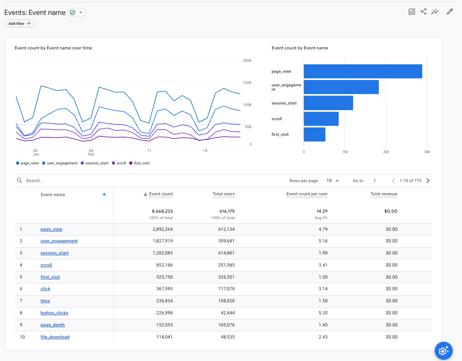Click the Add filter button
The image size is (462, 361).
click(x=20, y=24)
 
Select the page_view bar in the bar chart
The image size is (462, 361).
click(x=362, y=72)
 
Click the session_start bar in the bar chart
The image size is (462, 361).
click(x=328, y=103)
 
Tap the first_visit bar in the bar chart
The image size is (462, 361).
click(x=314, y=134)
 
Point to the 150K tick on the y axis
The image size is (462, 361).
click(x=247, y=83)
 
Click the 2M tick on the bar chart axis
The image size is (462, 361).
click(x=385, y=152)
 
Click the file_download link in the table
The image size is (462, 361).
click(x=55, y=337)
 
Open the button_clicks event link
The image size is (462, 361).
click(x=54, y=313)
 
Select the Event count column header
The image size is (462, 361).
click(x=161, y=194)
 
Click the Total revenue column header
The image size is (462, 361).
click(x=384, y=194)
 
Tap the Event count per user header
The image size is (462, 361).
click(x=307, y=194)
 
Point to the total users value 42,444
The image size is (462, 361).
click(x=227, y=313)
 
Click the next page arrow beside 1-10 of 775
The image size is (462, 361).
click(x=428, y=181)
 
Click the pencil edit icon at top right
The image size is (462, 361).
click(x=450, y=12)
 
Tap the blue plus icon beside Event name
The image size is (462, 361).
click(x=104, y=195)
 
